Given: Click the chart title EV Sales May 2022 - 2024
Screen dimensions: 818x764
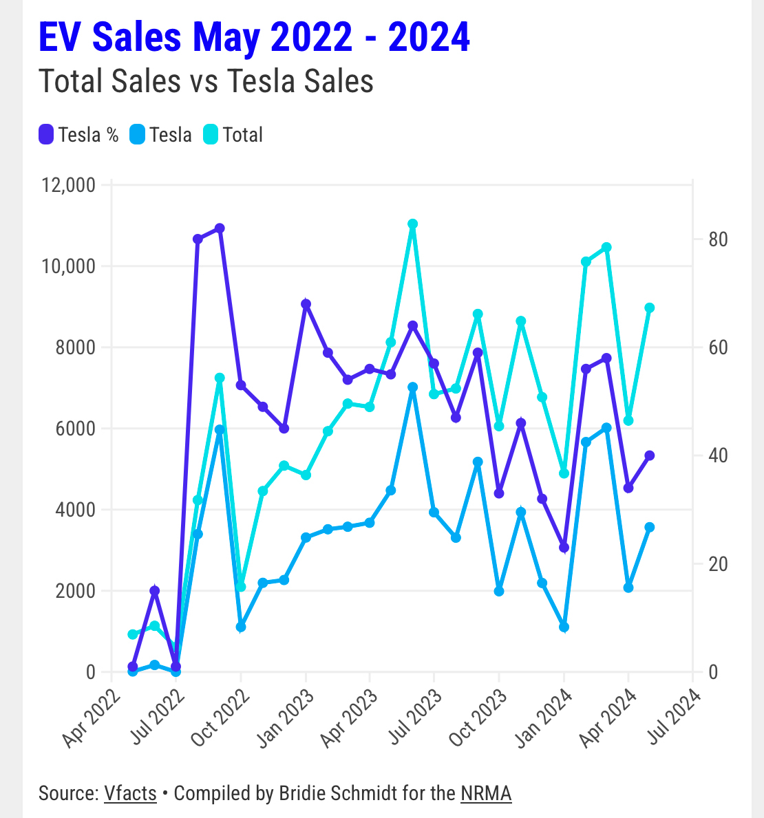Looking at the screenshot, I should point(254,37).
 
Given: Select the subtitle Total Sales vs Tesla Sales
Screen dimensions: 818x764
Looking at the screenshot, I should point(206,81).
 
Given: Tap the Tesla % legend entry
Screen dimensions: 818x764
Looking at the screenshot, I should point(79,135).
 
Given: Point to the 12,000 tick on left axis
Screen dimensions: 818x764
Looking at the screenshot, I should point(67,185).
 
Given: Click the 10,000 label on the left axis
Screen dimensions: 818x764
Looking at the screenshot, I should point(67,266).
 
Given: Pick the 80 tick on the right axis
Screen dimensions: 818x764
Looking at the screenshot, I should point(719,239).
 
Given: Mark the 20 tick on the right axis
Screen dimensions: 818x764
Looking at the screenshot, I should point(719,564).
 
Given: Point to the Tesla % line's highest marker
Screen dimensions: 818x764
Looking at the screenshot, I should point(220,228).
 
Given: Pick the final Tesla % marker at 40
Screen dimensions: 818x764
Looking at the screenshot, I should point(649,455).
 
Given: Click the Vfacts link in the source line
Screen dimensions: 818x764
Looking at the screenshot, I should point(130,793).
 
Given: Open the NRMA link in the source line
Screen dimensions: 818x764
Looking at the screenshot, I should point(486,793).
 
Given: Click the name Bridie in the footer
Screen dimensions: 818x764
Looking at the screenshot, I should point(303,793).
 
